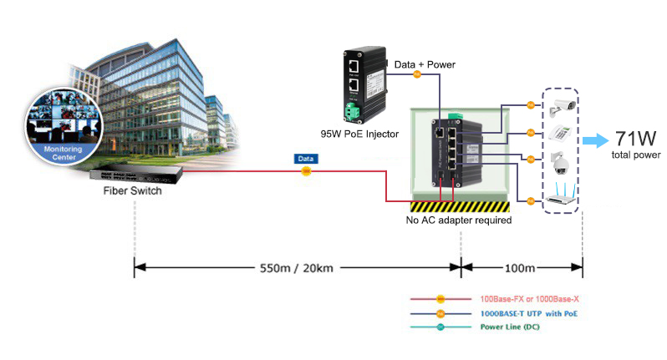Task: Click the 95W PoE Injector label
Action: [x=359, y=134]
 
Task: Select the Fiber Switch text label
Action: [x=132, y=191]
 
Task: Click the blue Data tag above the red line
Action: [x=306, y=158]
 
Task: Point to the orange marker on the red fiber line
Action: [x=306, y=172]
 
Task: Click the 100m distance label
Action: [x=521, y=269]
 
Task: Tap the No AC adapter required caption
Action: [x=458, y=221]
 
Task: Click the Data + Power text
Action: [x=425, y=63]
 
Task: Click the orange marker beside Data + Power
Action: [x=418, y=74]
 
